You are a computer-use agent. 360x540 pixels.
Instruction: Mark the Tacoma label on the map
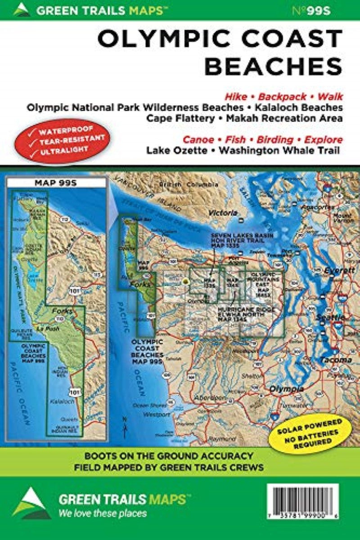[x=333, y=360]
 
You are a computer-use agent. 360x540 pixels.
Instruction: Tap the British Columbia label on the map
[x=184, y=184]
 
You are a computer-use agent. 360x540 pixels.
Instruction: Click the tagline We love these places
[x=102, y=513]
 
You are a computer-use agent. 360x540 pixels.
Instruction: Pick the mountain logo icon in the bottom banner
[x=29, y=503]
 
